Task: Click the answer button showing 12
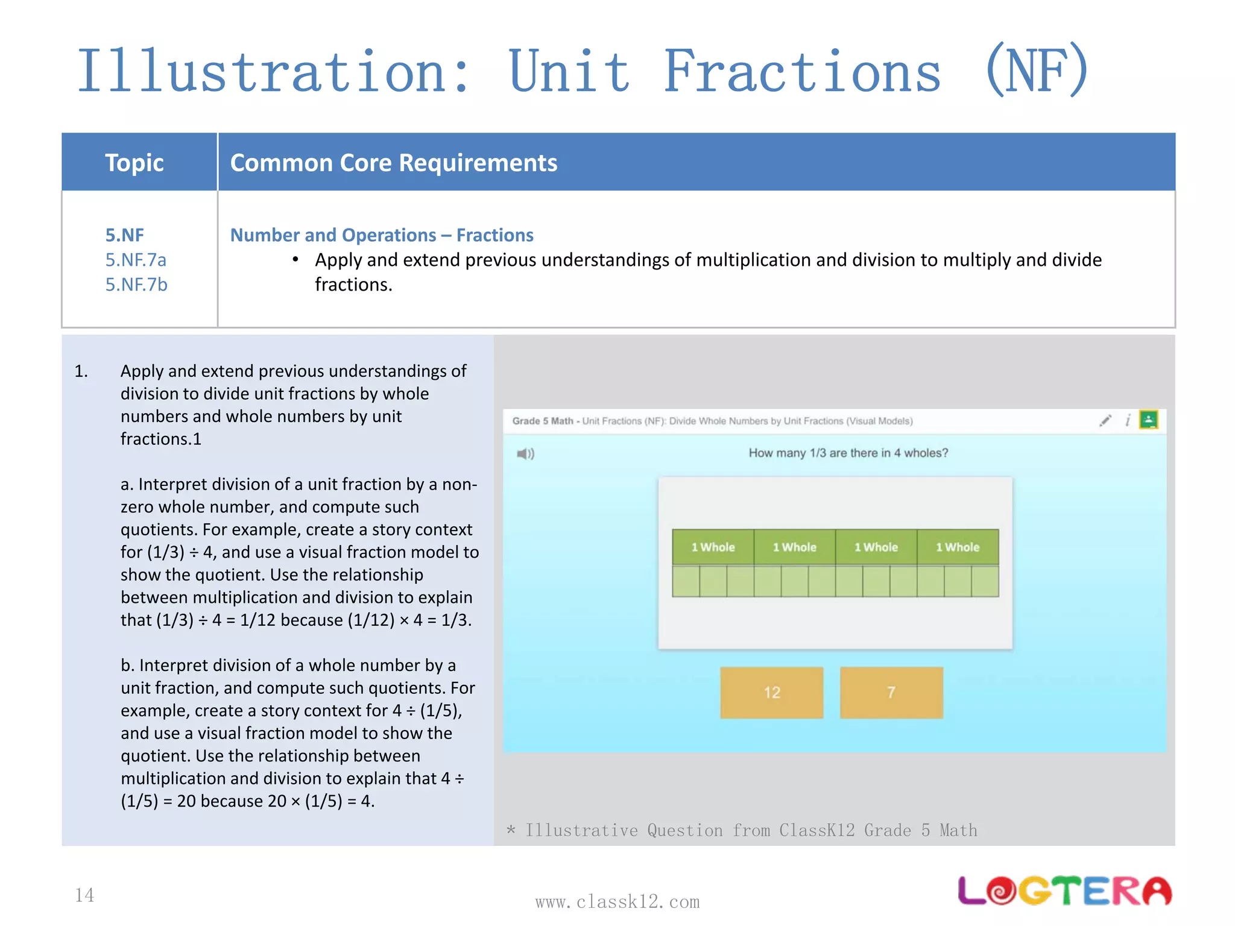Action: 771,692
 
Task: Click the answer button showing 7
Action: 891,692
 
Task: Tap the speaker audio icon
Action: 525,453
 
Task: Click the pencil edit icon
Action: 1105,420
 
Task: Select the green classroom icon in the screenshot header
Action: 1148,420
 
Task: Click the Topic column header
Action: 134,163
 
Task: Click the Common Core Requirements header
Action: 394,163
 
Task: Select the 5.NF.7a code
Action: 136,260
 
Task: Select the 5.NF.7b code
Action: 136,285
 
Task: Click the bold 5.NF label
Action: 125,235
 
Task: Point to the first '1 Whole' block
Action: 713,547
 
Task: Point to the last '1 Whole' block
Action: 958,547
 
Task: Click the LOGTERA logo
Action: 1064,891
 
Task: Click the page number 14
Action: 84,895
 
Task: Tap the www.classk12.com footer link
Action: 617,902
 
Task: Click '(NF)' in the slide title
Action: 1037,71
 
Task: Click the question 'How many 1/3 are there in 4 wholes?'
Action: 848,453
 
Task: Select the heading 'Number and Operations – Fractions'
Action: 382,235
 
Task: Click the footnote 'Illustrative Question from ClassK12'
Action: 742,830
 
